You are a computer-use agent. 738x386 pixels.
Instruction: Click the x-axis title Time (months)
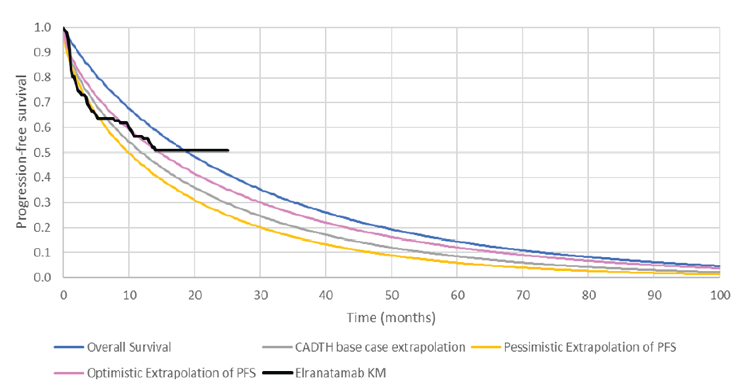pyautogui.click(x=391, y=318)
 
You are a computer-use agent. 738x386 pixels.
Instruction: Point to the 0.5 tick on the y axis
pyautogui.click(x=42, y=153)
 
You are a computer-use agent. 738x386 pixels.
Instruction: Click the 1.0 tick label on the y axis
pyautogui.click(x=42, y=27)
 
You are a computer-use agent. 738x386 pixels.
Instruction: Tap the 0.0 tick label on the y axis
pyautogui.click(x=42, y=278)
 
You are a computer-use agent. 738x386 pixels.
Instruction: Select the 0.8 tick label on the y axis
pyautogui.click(x=42, y=77)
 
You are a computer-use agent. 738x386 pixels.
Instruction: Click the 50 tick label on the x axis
pyautogui.click(x=392, y=296)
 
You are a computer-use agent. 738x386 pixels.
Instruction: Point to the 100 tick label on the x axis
pyautogui.click(x=720, y=296)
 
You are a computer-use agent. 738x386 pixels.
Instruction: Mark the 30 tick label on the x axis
pyautogui.click(x=260, y=296)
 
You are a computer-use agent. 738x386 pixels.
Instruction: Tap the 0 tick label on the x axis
pyautogui.click(x=64, y=296)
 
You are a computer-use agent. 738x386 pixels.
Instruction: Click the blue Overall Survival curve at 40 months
pyautogui.click(x=326, y=213)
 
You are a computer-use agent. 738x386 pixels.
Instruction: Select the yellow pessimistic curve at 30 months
pyautogui.click(x=260, y=227)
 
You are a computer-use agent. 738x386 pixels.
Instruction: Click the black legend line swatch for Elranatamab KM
pyautogui.click(x=278, y=373)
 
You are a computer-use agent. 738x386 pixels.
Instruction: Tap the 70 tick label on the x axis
pyautogui.click(x=523, y=296)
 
